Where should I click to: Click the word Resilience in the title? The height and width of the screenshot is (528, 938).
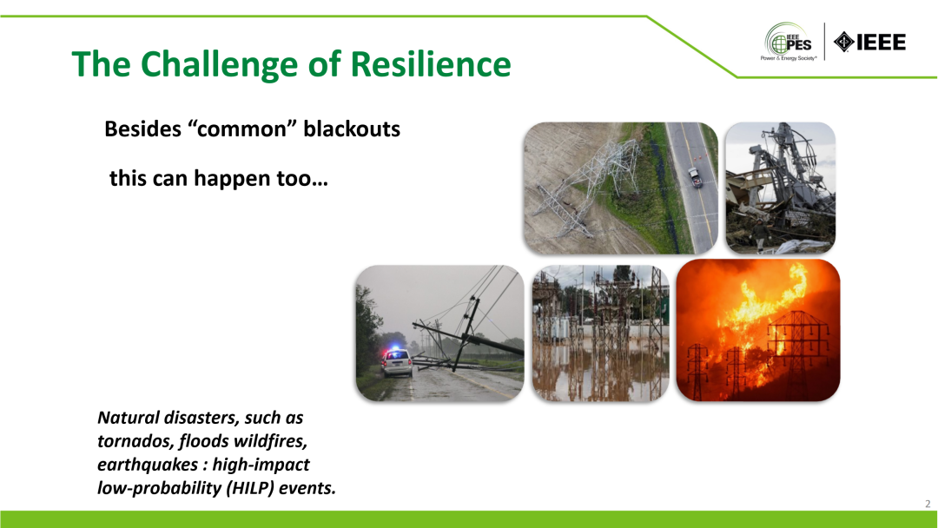coord(430,64)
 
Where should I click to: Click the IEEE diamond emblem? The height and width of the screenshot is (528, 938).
coord(843,42)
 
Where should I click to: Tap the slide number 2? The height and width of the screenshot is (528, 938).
coord(928,504)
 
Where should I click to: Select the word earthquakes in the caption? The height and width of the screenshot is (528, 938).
coord(148,465)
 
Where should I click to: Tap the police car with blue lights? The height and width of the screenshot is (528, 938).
coord(397,362)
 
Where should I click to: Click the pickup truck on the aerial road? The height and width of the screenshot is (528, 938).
coord(695,178)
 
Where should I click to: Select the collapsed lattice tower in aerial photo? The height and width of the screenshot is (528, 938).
coord(583,182)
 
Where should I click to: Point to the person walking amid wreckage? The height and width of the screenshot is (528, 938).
coord(759,234)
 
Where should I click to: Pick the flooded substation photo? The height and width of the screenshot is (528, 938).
coord(601,333)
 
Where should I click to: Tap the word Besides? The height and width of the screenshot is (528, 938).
coord(143,129)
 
